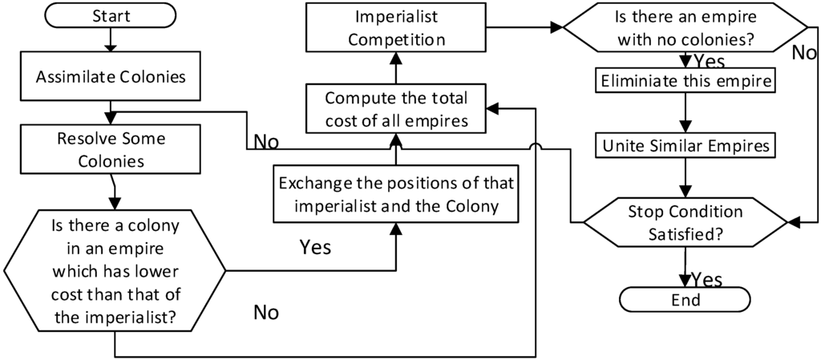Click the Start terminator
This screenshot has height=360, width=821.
pyautogui.click(x=111, y=15)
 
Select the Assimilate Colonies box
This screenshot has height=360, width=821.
pyautogui.click(x=111, y=77)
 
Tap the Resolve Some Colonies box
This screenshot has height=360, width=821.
pyautogui.click(x=111, y=149)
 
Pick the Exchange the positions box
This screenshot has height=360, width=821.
pyautogui.click(x=396, y=193)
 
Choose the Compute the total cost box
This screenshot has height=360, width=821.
pyautogui.click(x=396, y=109)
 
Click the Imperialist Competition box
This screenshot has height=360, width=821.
pyautogui.click(x=396, y=27)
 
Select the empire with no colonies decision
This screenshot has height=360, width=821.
pyautogui.click(x=686, y=27)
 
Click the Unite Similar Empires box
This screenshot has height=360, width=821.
pyautogui.click(x=685, y=146)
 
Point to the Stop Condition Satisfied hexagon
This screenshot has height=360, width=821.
pyautogui.click(x=685, y=222)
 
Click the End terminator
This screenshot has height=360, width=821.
pyautogui.click(x=686, y=300)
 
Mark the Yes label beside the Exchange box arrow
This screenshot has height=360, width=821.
pyautogui.click(x=315, y=246)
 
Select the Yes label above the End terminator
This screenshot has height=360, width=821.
pyautogui.click(x=706, y=279)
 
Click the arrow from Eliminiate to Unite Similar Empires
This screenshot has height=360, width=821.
pyautogui.click(x=685, y=113)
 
